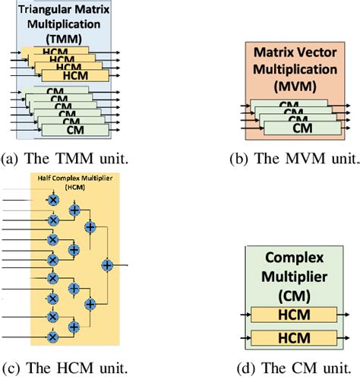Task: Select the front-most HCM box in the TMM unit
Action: [65, 75]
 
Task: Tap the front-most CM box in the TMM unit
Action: [65, 130]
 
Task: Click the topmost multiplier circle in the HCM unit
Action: [53, 198]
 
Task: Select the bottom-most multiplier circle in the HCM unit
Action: [53, 335]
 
